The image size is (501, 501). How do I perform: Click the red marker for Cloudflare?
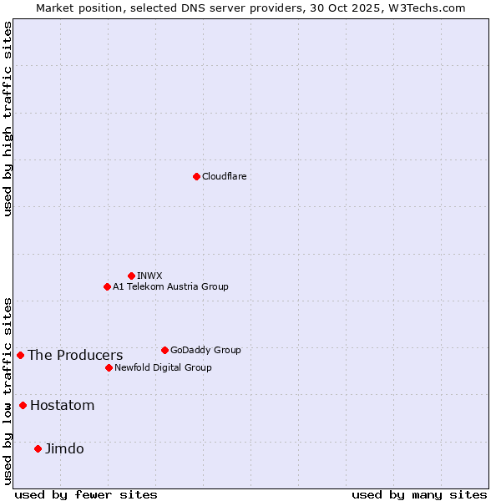click(x=196, y=176)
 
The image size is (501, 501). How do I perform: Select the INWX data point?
click(x=131, y=276)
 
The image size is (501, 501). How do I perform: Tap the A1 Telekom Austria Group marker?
click(x=107, y=286)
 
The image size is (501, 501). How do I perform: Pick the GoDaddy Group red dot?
click(x=164, y=350)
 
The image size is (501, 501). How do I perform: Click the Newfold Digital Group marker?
click(x=109, y=367)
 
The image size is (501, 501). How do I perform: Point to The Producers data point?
click(x=20, y=355)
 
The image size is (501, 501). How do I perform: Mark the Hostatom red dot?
click(x=23, y=405)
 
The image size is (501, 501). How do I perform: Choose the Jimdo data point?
click(x=38, y=448)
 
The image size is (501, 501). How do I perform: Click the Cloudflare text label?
click(x=224, y=176)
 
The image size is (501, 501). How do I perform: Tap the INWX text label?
click(x=149, y=276)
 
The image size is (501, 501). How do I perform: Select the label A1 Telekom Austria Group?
click(x=170, y=286)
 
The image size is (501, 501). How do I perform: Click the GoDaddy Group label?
click(x=205, y=350)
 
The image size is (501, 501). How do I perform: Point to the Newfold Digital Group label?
click(x=163, y=367)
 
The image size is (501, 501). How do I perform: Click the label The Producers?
click(x=75, y=355)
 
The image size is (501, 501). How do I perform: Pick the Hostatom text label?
click(x=63, y=405)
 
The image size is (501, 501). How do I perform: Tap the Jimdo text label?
click(x=64, y=448)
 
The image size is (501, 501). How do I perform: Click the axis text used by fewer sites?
click(x=86, y=494)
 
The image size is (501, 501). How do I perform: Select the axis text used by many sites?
click(x=419, y=494)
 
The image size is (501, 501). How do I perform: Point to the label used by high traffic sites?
click(x=8, y=119)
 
